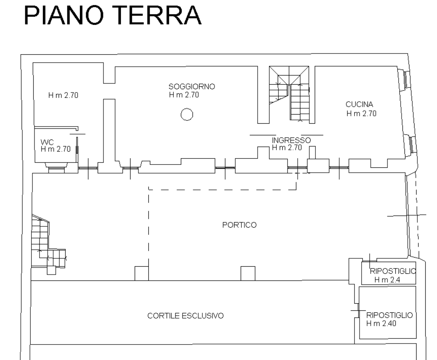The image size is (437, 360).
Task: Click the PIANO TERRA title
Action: tap(113, 15)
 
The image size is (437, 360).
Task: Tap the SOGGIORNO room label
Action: tap(192, 87)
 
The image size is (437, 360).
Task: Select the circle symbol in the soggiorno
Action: tap(187, 114)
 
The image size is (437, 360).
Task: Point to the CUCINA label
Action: tap(359, 104)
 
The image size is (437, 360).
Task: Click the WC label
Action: tap(47, 142)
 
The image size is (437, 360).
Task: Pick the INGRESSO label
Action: tap(291, 140)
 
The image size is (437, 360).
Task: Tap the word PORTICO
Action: tap(239, 225)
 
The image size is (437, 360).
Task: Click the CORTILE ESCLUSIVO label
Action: tap(185, 316)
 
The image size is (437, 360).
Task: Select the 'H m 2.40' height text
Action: tap(381, 323)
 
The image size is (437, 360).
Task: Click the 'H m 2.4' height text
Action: tap(387, 280)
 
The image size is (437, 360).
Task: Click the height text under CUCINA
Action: tap(361, 113)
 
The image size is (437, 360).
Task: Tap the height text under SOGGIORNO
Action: tap(184, 95)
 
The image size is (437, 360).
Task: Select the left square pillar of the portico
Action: tap(142, 273)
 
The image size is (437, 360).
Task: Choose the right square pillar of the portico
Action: tap(248, 273)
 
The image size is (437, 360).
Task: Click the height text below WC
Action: tap(56, 149)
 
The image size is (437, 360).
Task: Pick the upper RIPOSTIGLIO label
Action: tap(393, 271)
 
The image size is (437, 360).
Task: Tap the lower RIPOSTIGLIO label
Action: tap(389, 315)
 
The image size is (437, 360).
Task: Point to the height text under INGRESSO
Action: tap(287, 148)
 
